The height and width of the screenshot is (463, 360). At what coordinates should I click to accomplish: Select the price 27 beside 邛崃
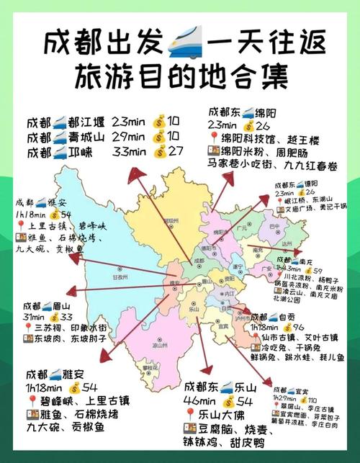176,151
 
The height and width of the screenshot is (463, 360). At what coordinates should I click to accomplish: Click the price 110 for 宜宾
313,400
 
